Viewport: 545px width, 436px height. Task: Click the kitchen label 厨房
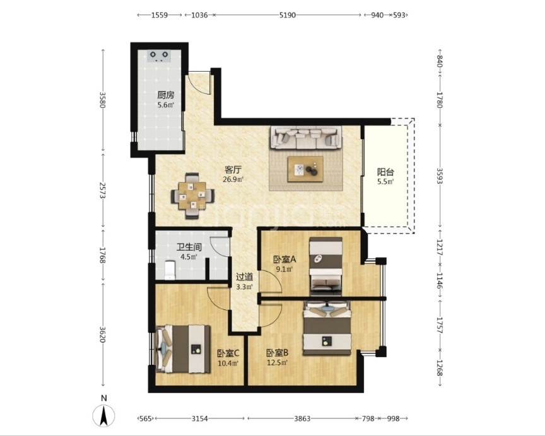[x=165, y=95]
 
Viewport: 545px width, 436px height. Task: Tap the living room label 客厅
[x=233, y=169]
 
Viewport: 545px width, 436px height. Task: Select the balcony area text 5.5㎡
[x=385, y=181]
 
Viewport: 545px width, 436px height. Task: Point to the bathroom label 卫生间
[x=189, y=247]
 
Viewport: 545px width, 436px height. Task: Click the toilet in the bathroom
[x=170, y=270]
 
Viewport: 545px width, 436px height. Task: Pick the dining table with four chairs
[x=192, y=195]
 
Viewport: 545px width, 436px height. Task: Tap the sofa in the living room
[x=306, y=138]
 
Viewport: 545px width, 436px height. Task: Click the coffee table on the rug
[x=305, y=169]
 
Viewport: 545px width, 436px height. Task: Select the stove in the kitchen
[x=159, y=56]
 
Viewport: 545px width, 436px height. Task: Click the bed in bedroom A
[x=325, y=266]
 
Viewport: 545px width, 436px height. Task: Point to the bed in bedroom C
[x=183, y=348]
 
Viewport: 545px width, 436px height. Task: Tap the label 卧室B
[x=277, y=353]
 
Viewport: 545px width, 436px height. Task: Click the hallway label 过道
[x=244, y=277]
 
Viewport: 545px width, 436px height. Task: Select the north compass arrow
[x=103, y=416]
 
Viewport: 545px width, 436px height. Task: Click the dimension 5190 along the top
[x=287, y=15]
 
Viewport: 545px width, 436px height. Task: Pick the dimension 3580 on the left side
[x=102, y=100]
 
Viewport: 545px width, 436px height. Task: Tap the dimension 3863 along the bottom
[x=302, y=418]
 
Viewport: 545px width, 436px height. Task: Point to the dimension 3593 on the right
[x=439, y=176]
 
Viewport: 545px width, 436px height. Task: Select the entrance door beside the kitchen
[x=201, y=83]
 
